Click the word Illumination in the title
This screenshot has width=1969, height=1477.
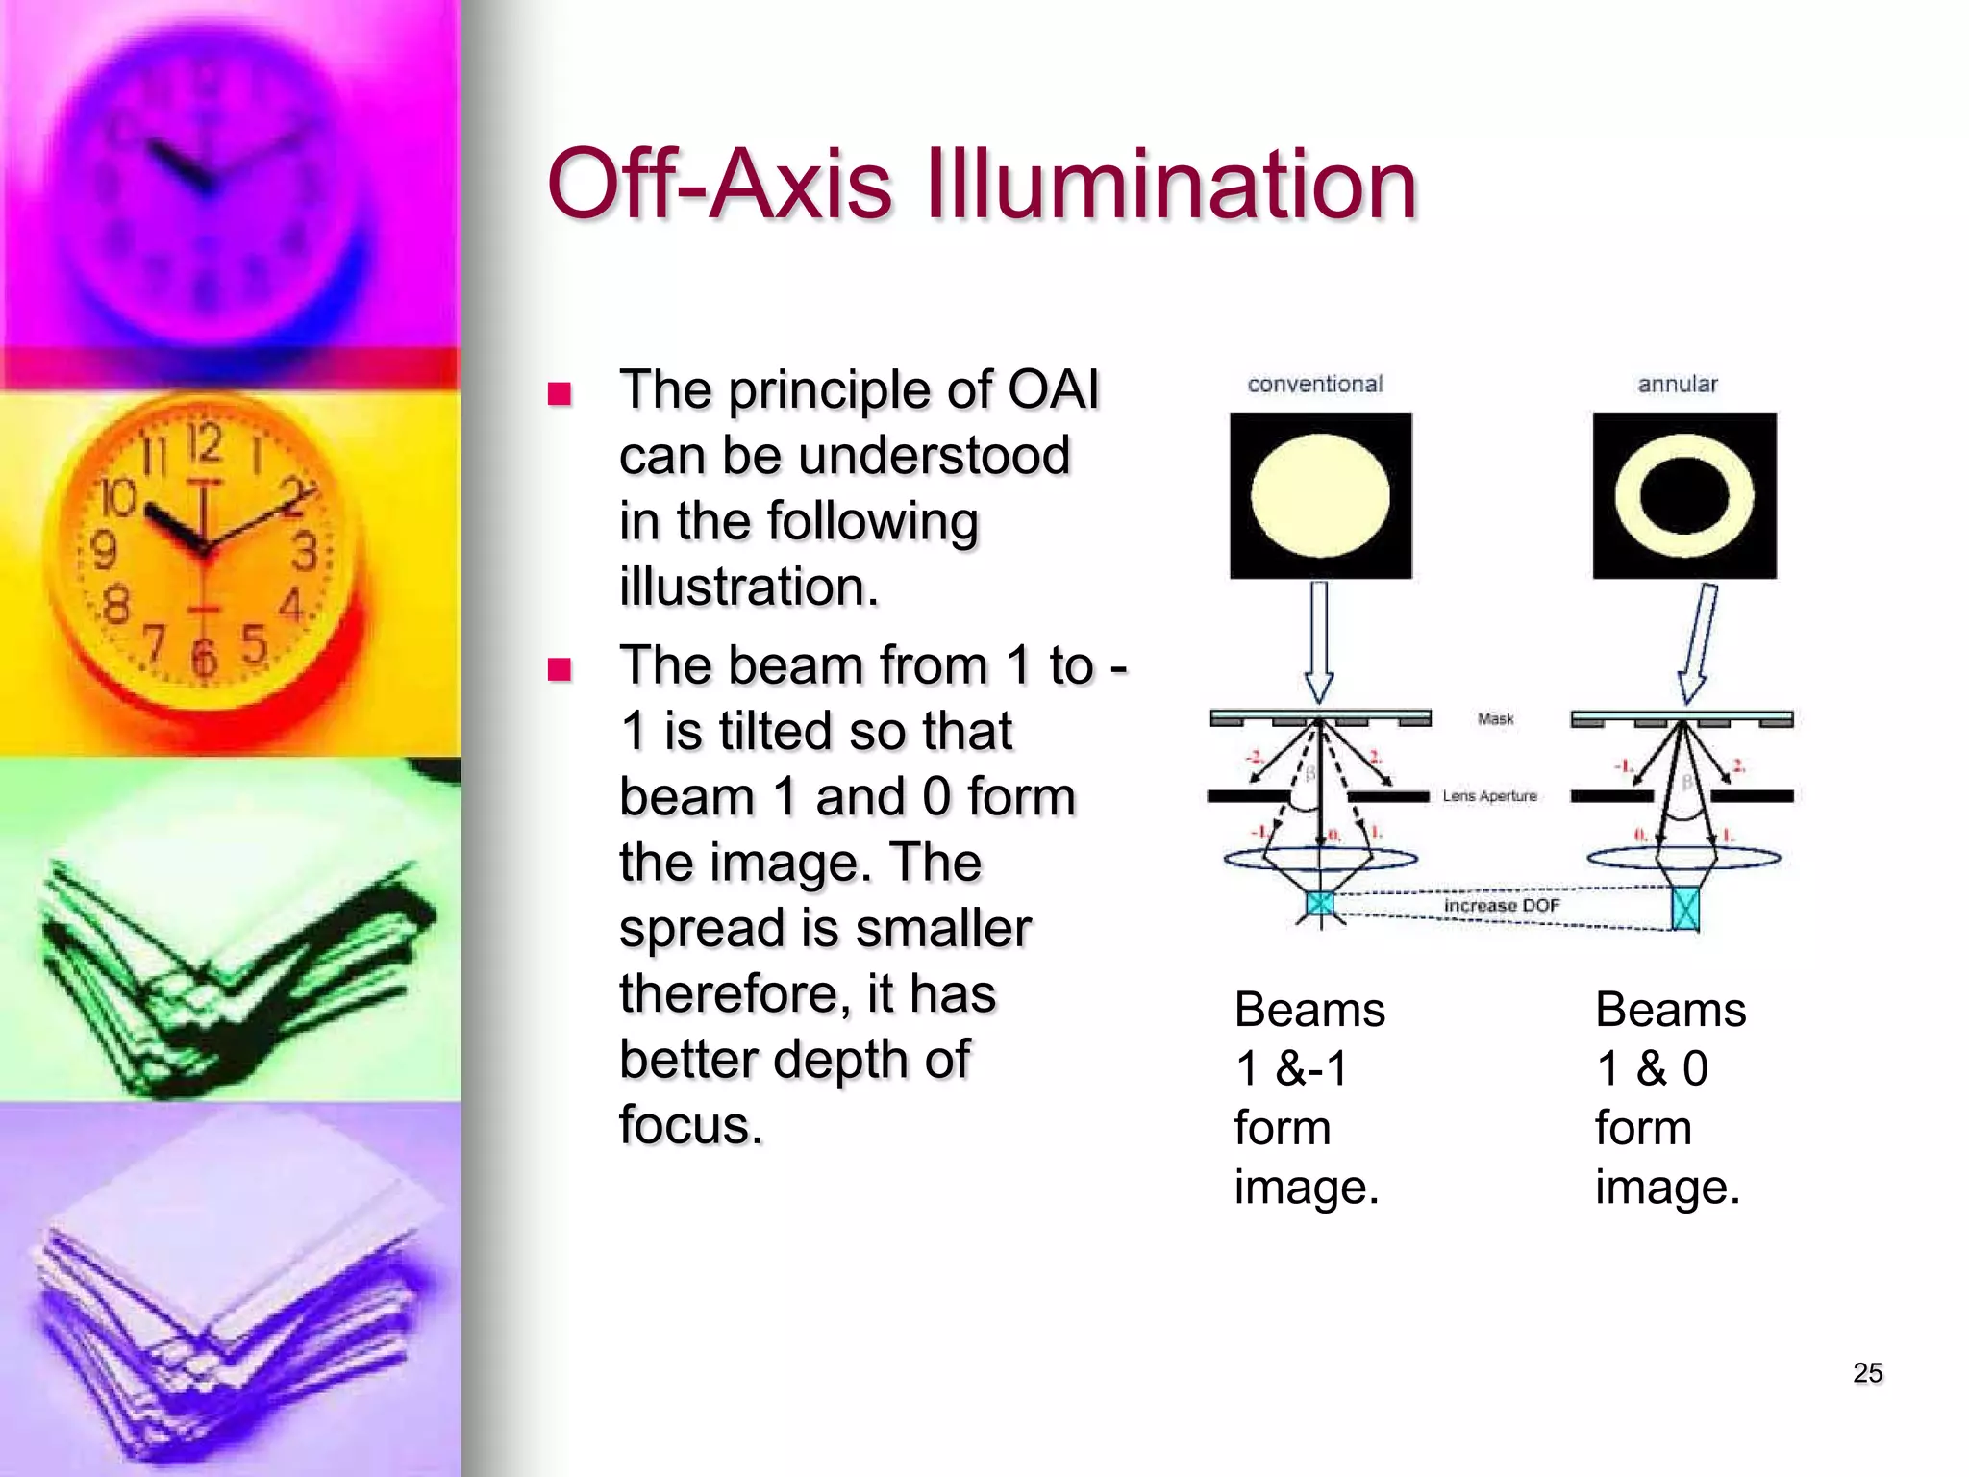pos(1171,185)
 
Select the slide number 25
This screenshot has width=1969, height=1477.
pos(1867,1372)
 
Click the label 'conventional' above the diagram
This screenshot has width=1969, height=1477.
pos(1314,385)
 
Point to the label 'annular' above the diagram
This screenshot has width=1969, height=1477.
pos(1678,385)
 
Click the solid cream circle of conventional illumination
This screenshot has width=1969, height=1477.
pos(1320,496)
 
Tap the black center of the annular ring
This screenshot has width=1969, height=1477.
pos(1684,496)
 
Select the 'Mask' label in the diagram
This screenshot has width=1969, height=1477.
pos(1495,719)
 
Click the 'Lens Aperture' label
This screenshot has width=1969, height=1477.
pos(1489,796)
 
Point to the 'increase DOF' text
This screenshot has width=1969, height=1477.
pos(1501,906)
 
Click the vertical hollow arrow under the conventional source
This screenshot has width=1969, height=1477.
pos(1319,640)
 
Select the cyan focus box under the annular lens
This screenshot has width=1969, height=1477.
pos(1685,909)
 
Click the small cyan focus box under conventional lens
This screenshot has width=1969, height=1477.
pos(1320,903)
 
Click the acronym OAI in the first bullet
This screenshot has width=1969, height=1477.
pos(1053,390)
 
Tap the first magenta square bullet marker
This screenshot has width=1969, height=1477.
pos(560,393)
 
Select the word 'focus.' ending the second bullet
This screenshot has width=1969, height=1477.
pos(690,1125)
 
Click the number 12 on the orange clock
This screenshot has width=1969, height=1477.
pos(204,444)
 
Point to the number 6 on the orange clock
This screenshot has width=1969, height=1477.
pos(203,659)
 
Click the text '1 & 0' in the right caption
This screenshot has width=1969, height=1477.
pos(1652,1068)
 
